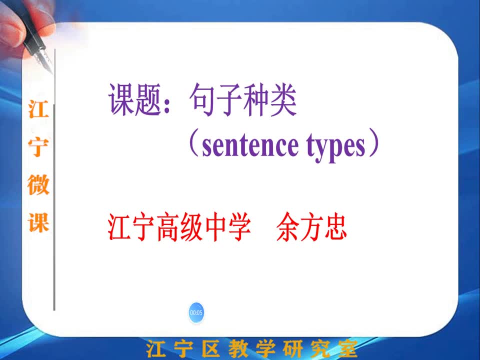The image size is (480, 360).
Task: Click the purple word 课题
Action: (x=135, y=100)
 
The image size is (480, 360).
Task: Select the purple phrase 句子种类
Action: (x=243, y=100)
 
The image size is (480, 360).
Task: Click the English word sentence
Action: (x=250, y=145)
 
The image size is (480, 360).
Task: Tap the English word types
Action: (x=336, y=147)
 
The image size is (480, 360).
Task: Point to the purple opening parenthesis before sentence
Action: (x=194, y=144)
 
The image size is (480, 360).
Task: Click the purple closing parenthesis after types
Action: (x=374, y=143)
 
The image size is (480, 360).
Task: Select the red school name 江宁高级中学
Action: (x=179, y=227)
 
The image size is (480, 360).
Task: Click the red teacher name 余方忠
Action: (x=311, y=227)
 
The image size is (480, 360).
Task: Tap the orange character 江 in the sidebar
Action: (x=38, y=109)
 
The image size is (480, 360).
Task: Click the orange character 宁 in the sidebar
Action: (x=38, y=146)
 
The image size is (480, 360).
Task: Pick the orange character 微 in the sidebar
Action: (x=38, y=184)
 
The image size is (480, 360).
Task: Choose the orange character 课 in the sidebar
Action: (x=38, y=222)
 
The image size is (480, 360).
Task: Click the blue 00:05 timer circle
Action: (x=196, y=312)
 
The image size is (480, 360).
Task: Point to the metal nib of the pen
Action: (x=44, y=60)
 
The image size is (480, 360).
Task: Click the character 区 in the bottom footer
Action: (x=211, y=349)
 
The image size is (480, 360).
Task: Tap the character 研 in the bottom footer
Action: (x=292, y=349)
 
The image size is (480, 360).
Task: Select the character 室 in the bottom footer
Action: (x=347, y=349)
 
